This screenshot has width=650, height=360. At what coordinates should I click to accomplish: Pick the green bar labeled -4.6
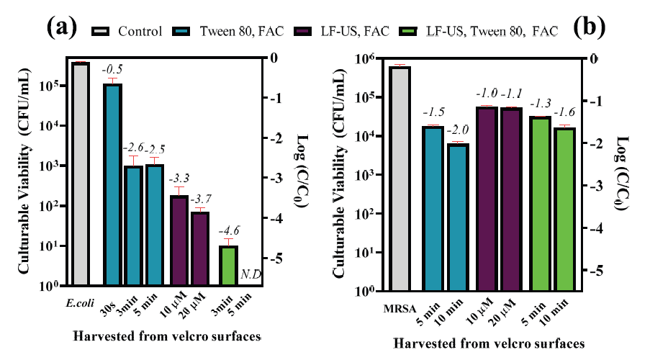click(x=228, y=266)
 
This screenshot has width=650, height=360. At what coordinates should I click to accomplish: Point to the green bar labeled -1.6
click(x=565, y=209)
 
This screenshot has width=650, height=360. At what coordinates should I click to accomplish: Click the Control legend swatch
click(x=102, y=31)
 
